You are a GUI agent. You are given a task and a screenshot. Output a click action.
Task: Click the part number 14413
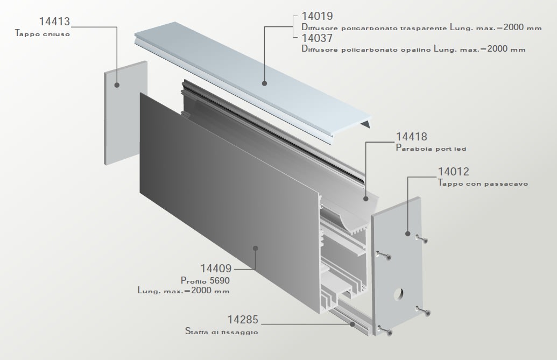[x=55, y=22]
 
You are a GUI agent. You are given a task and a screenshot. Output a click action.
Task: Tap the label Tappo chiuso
[x=43, y=33]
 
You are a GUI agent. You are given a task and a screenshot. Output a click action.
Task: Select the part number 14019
[x=317, y=16]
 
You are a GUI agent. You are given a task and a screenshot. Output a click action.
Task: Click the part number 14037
[x=317, y=39]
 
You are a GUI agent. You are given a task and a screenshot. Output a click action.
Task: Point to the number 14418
[x=412, y=137]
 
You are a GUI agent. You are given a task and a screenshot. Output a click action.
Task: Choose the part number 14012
[x=454, y=172]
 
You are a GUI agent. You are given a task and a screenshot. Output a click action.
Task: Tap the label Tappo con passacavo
[x=483, y=183]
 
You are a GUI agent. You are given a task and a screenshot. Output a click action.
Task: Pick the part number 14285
[x=243, y=320]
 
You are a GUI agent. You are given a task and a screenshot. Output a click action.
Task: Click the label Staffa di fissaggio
[x=222, y=332]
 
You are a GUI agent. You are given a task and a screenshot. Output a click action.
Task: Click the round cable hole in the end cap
[x=399, y=294]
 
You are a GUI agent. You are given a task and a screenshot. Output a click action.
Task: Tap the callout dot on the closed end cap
[x=117, y=84]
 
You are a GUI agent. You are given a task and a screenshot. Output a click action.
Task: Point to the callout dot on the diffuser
[x=264, y=83]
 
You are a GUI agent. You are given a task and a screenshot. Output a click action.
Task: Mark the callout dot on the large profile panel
[x=256, y=248]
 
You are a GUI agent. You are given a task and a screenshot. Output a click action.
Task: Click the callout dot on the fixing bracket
[x=352, y=324]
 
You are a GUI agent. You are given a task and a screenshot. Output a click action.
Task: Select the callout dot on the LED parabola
[x=365, y=199]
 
